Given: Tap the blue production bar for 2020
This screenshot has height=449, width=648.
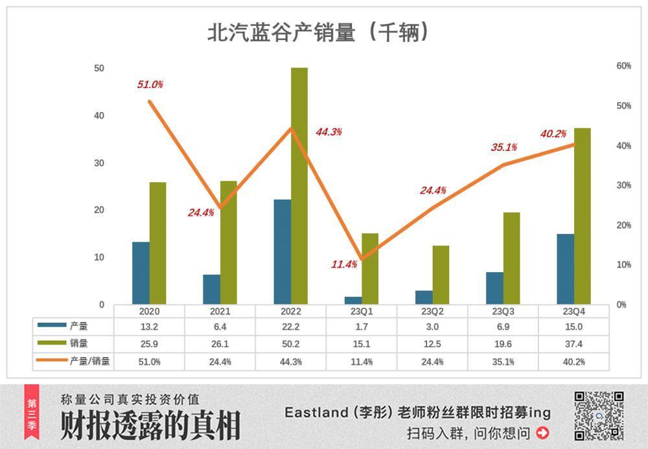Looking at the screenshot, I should coord(141,273).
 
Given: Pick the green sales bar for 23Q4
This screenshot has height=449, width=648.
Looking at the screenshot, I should coord(582,216).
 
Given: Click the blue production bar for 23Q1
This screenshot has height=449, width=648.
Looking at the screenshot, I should coord(353,301).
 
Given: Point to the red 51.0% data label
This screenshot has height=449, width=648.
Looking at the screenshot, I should coord(150,84).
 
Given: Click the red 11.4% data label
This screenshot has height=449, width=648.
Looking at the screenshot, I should coord(344,264).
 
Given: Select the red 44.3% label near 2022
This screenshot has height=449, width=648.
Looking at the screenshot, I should coord(329,132).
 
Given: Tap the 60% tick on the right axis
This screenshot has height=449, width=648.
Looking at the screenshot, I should coord(623,66).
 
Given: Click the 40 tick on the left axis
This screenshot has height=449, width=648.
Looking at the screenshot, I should coord(100,116).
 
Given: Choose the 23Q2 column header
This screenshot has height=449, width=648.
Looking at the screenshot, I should coord(433,312).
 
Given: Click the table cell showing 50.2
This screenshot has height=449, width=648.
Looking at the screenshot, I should coord(291,343).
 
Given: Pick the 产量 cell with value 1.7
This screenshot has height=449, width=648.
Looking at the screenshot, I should coord(362,327).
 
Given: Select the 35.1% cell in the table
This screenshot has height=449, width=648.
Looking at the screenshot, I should coord(503,362).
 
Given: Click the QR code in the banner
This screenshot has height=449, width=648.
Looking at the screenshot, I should coord(599,416).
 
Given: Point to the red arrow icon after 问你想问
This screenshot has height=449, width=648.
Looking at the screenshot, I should coord(542,432).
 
